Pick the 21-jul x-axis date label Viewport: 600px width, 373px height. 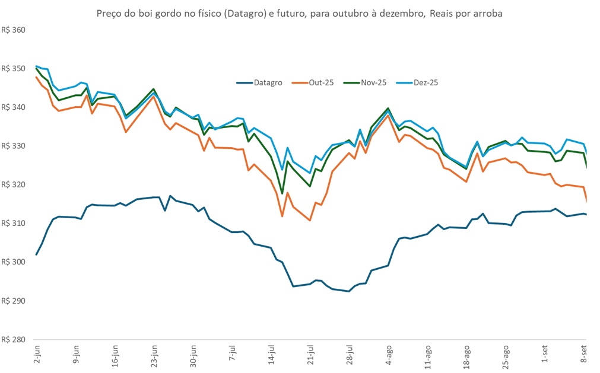pyautogui.click(x=310, y=353)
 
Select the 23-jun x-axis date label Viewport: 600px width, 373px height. pyautogui.click(x=154, y=353)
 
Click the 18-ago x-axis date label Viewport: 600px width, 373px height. pyautogui.click(x=466, y=353)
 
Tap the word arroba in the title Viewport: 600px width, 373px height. pyautogui.click(x=488, y=14)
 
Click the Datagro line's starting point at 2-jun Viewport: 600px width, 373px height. pyautogui.click(x=37, y=254)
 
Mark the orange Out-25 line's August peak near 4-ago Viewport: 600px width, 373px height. pyautogui.click(x=388, y=116)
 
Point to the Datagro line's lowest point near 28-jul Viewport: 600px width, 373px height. pyautogui.click(x=349, y=291)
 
